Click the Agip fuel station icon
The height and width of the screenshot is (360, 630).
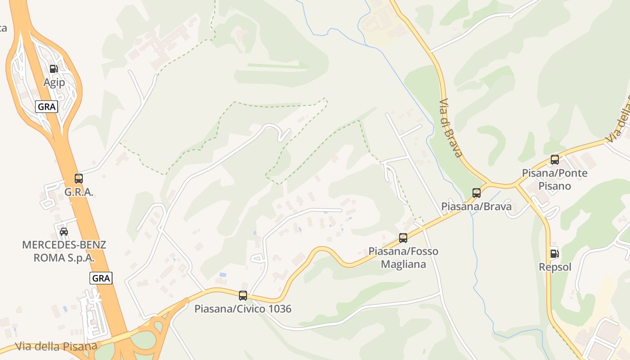tap(54, 69)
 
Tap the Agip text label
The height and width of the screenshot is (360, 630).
tap(54, 82)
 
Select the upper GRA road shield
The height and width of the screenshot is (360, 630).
tap(47, 107)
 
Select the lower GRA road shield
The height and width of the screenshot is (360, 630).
tap(101, 278)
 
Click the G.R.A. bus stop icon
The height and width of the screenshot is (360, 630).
tap(79, 179)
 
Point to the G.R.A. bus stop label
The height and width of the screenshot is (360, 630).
tap(79, 192)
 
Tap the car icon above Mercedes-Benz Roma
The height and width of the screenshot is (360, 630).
tap(64, 232)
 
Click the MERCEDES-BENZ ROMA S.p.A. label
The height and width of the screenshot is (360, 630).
tap(64, 252)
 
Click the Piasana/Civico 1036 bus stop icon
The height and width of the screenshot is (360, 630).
tap(243, 296)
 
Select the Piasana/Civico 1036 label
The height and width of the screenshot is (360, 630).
tap(243, 309)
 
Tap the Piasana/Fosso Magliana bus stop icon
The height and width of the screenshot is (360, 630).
tap(403, 238)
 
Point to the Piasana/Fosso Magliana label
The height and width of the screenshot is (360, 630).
tap(403, 257)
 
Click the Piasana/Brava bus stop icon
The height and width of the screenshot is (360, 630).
tap(477, 193)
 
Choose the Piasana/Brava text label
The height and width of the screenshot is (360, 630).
tap(477, 207)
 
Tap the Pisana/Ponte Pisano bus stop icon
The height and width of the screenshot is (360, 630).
tap(555, 160)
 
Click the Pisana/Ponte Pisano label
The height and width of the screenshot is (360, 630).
tap(555, 180)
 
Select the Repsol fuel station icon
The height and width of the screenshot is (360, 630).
tap(555, 254)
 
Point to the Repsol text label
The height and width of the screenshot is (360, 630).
tap(555, 267)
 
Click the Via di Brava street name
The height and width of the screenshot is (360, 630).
tap(451, 128)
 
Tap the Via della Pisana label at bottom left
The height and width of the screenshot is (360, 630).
tap(56, 346)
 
